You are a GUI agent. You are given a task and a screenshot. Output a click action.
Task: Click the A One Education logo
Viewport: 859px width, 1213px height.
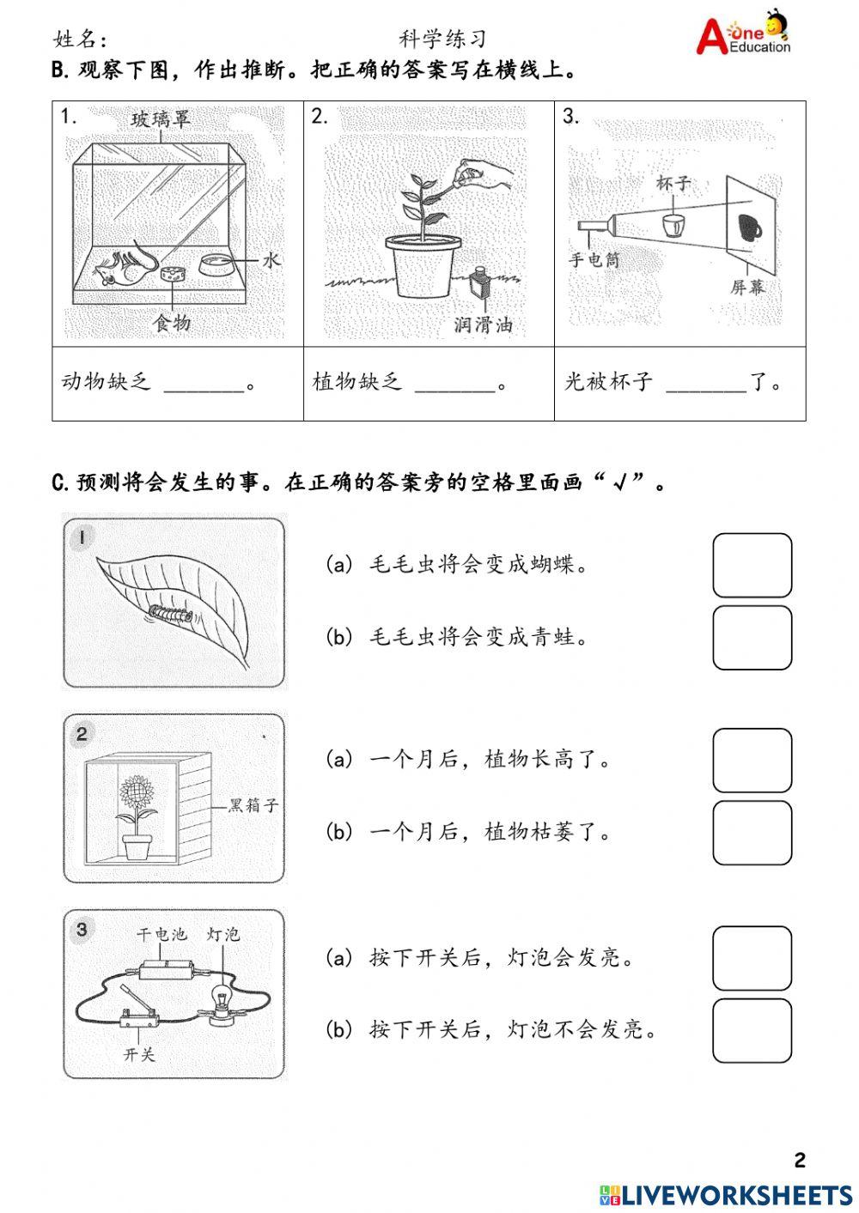click(x=743, y=34)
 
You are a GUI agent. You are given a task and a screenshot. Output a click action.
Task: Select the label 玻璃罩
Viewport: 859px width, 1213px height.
click(x=161, y=119)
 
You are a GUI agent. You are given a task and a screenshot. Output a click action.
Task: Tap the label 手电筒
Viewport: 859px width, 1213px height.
click(x=594, y=259)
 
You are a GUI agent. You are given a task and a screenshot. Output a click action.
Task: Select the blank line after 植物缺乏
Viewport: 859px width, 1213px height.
click(x=454, y=384)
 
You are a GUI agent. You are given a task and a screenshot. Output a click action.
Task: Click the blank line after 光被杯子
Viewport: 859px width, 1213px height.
click(x=705, y=384)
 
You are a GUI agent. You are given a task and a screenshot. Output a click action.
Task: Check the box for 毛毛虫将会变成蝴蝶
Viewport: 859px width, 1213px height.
click(x=752, y=565)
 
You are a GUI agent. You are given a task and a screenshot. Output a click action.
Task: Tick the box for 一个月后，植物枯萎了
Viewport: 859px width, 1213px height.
click(x=752, y=833)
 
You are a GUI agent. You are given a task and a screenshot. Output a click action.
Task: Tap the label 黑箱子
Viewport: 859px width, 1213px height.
click(x=253, y=805)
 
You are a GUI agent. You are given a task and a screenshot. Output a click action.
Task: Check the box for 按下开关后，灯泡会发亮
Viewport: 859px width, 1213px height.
click(x=752, y=958)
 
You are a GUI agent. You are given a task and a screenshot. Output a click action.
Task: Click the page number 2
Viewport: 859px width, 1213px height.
click(x=800, y=1161)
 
